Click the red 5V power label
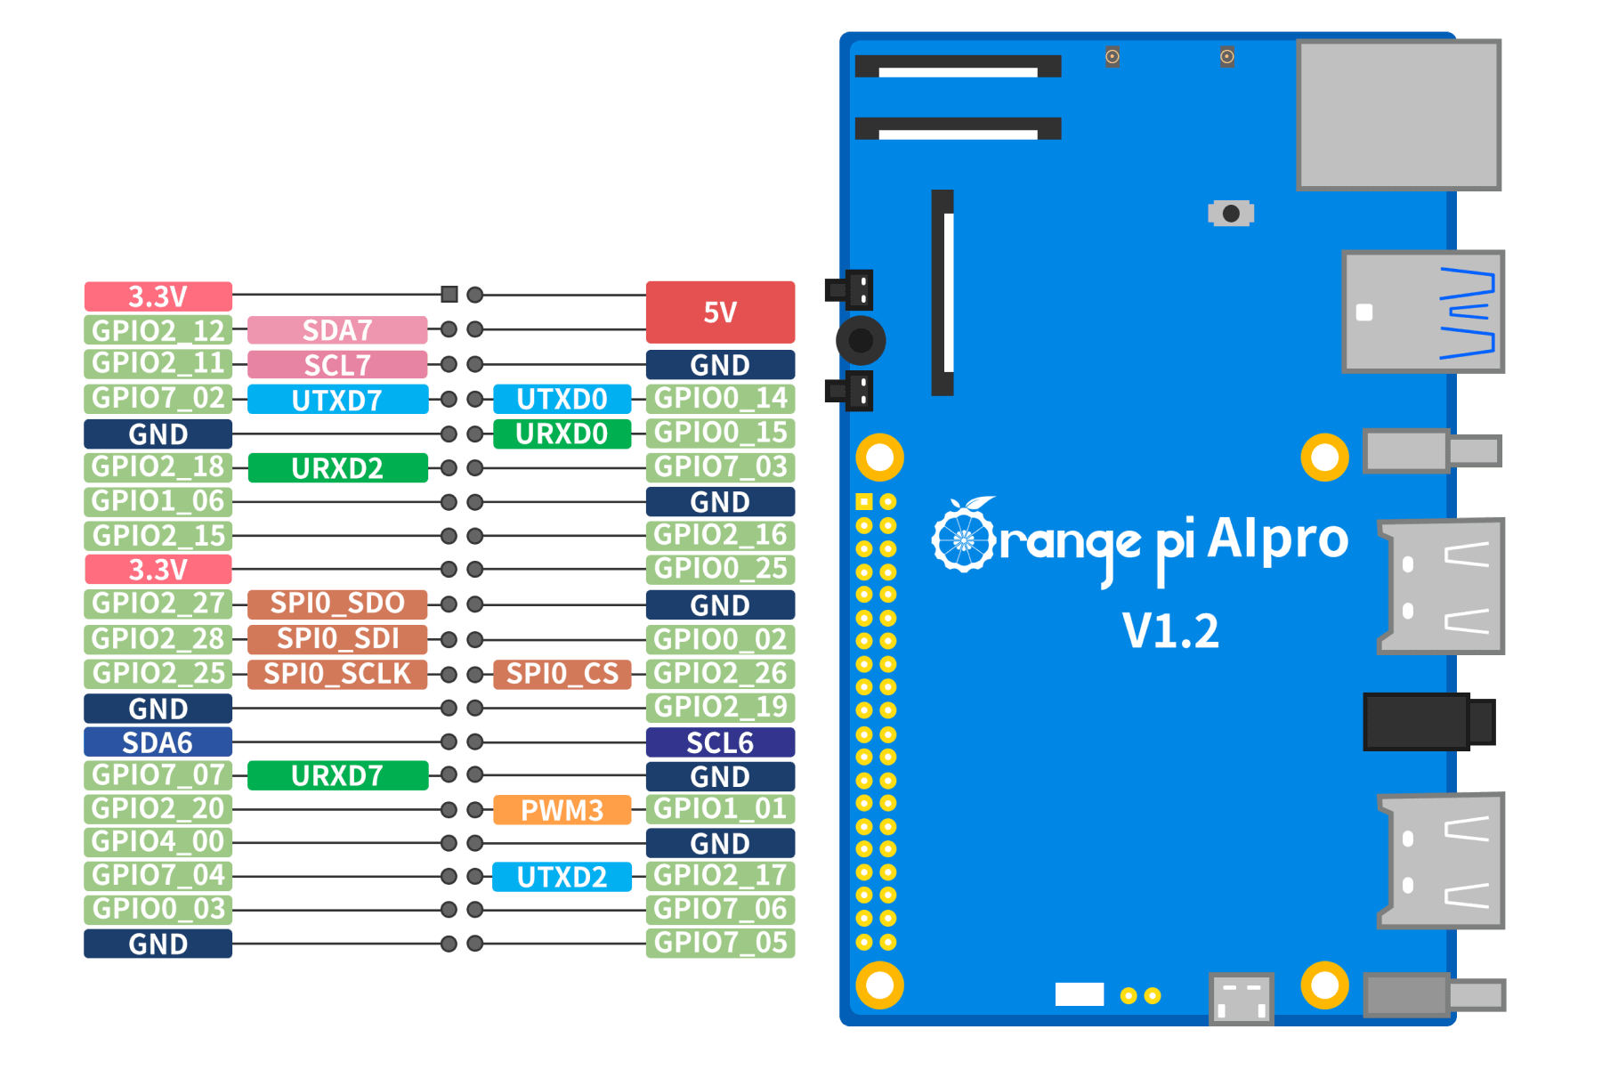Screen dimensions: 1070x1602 click(720, 312)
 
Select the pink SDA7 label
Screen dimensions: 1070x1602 click(337, 330)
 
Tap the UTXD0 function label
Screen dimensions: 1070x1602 click(562, 399)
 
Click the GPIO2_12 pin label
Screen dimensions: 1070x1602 click(158, 330)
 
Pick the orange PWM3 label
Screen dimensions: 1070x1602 click(562, 810)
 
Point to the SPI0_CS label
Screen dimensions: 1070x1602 click(562, 674)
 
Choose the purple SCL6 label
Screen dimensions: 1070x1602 click(720, 742)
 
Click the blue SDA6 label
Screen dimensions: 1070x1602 click(158, 742)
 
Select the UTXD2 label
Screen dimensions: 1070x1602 click(562, 877)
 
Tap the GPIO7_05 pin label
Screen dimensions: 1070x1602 click(720, 943)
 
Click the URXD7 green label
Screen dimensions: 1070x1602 click(337, 776)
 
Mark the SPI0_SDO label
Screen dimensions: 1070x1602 click(337, 604)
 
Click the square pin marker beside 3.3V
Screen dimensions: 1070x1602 click(449, 295)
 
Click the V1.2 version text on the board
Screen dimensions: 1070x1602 click(1170, 631)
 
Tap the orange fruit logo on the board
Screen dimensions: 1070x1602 click(963, 536)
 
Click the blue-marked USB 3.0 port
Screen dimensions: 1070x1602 click(1422, 312)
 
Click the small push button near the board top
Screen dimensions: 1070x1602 click(1231, 214)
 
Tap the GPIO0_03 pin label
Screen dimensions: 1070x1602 click(158, 910)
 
